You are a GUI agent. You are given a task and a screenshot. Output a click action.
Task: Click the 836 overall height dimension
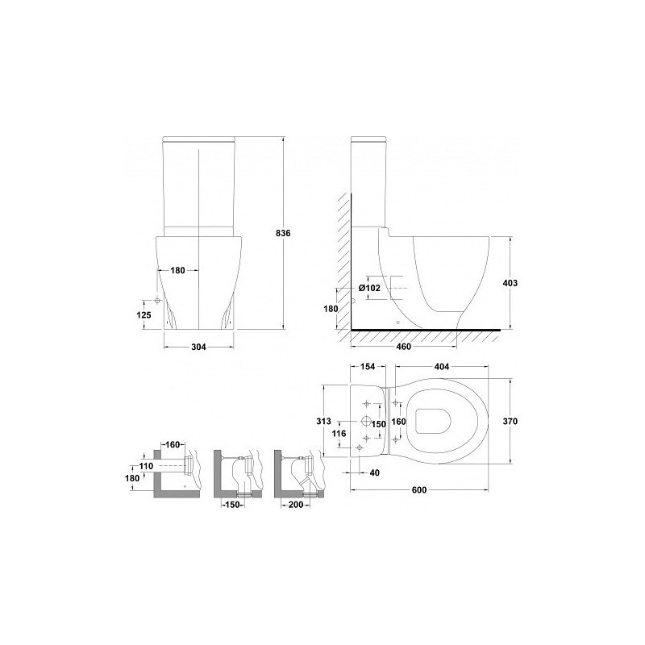pyautogui.click(x=283, y=233)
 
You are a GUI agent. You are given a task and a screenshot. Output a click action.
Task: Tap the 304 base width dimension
pyautogui.click(x=198, y=347)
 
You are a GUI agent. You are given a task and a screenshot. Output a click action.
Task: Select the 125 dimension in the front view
pyautogui.click(x=144, y=315)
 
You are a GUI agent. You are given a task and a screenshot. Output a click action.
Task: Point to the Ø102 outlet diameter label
pyautogui.click(x=369, y=288)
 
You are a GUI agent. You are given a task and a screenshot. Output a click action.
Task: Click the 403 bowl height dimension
pyautogui.click(x=510, y=283)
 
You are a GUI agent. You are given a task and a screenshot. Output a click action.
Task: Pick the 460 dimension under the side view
pyautogui.click(x=404, y=347)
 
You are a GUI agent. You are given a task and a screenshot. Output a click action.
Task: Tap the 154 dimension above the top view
pyautogui.click(x=368, y=367)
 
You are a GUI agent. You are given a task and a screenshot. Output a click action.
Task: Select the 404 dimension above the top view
pyautogui.click(x=441, y=367)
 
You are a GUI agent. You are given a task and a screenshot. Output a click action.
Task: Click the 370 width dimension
pyautogui.click(x=510, y=421)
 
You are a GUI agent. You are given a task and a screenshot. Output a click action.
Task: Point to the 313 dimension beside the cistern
pyautogui.click(x=323, y=421)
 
